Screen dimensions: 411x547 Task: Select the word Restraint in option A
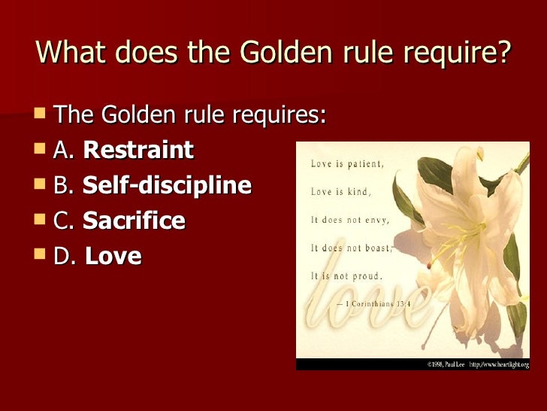tap(138, 150)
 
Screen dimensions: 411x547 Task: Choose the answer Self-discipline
tap(167, 185)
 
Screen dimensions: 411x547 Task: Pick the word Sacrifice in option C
tap(134, 221)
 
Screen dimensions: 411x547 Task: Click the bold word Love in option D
tap(113, 256)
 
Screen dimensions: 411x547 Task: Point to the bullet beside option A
tap(41, 148)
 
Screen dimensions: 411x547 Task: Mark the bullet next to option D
tap(41, 254)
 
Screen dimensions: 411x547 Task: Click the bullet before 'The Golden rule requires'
tap(41, 113)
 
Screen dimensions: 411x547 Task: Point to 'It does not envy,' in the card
tap(346, 219)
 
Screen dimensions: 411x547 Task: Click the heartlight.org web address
tap(499, 364)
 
